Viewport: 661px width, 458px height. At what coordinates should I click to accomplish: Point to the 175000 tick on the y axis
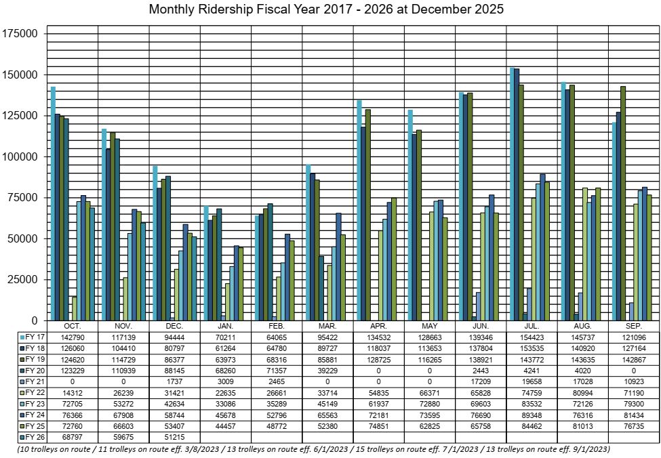tap(24, 33)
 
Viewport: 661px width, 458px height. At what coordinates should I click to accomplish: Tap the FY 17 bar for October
tap(53, 203)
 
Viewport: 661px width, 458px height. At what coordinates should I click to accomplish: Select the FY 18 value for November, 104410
tap(123, 348)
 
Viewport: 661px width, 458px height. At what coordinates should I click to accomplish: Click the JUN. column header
tap(480, 326)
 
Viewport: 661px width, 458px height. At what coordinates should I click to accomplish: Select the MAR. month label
tap(327, 326)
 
